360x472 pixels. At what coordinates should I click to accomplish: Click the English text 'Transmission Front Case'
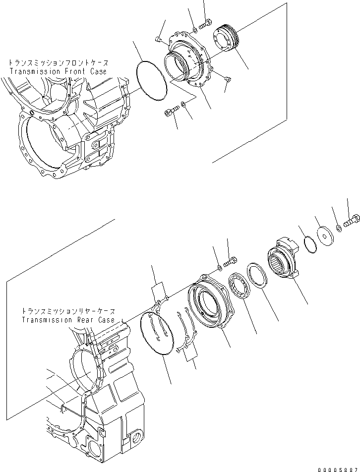(58, 71)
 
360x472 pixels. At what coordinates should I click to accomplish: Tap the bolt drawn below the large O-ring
(169, 113)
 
